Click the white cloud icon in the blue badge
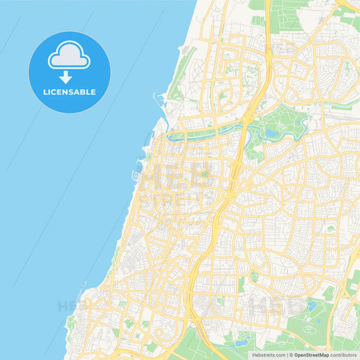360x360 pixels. (69, 57)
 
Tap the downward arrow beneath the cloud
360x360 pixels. (66, 77)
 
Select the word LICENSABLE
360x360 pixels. (70, 92)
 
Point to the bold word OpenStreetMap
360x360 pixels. (312, 355)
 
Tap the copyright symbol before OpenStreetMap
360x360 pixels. (291, 355)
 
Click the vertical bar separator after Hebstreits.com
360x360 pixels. (286, 355)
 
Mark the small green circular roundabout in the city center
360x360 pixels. (204, 175)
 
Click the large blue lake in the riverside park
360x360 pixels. (272, 134)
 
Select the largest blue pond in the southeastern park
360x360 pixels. (311, 306)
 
